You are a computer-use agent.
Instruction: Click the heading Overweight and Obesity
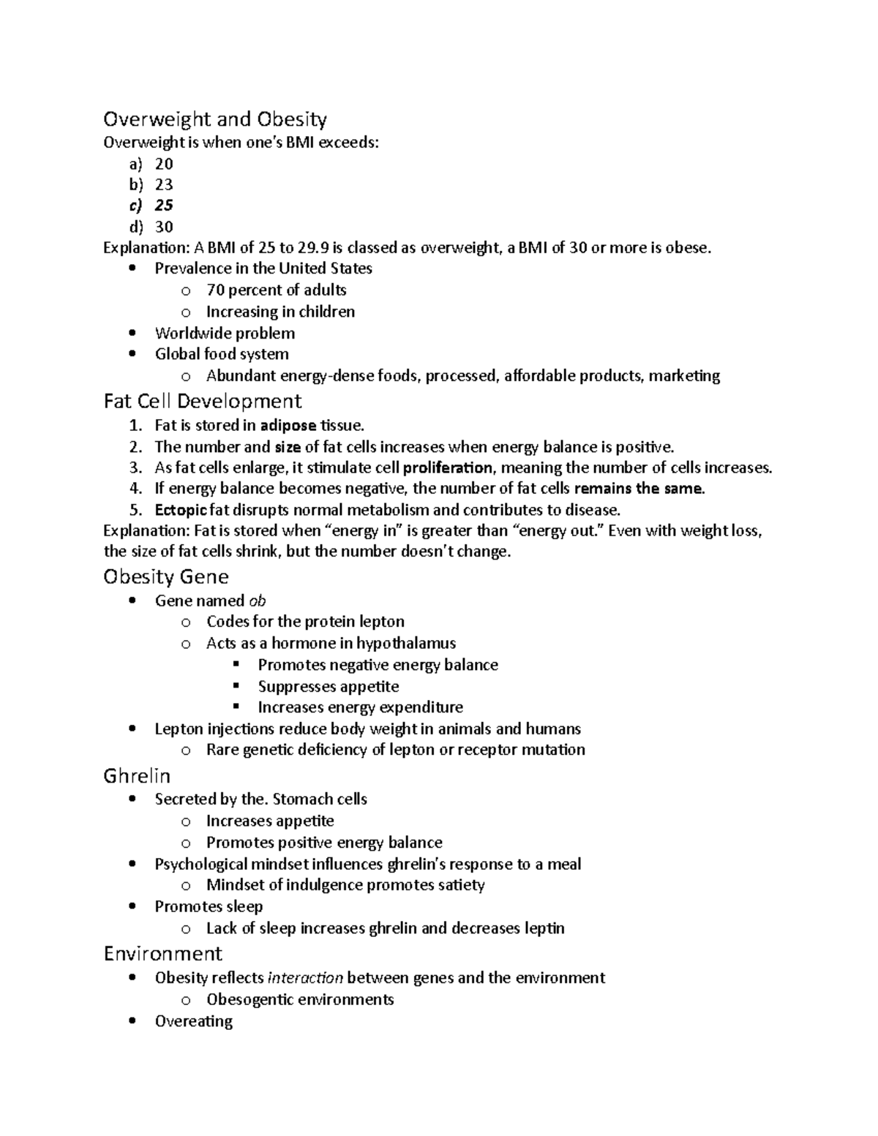[215, 119]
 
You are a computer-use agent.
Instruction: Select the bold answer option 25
[164, 206]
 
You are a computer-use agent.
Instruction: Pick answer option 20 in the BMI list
[164, 163]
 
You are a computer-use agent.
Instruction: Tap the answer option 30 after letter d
[164, 227]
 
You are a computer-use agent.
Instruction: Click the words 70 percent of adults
[277, 290]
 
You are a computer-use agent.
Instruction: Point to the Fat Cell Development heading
[203, 401]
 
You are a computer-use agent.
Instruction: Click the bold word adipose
[288, 425]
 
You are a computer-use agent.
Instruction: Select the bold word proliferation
[448, 467]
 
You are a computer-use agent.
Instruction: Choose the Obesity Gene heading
[166, 577]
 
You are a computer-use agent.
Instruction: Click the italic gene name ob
[258, 601]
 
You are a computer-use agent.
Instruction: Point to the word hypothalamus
[406, 643]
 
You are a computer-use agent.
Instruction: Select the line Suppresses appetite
[329, 686]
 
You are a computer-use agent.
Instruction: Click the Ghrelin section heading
[137, 775]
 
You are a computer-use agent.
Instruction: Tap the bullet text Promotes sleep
[209, 906]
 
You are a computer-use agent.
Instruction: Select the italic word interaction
[306, 978]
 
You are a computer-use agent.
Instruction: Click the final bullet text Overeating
[193, 1021]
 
